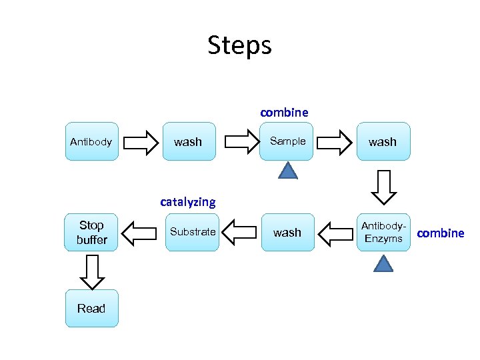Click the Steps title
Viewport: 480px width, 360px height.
pyautogui.click(x=239, y=45)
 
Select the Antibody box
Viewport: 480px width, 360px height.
pyautogui.click(x=91, y=141)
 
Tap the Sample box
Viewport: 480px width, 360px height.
pyautogui.click(x=287, y=141)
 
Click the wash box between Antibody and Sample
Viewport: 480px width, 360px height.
pyautogui.click(x=189, y=141)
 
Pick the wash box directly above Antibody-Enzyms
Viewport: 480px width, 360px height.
pyautogui.click(x=383, y=141)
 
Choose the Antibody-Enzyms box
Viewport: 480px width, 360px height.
pyautogui.click(x=383, y=232)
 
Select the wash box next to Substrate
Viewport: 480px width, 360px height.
pyautogui.click(x=287, y=232)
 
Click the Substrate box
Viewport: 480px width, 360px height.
pyautogui.click(x=193, y=232)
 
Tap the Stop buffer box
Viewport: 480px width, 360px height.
pyautogui.click(x=91, y=232)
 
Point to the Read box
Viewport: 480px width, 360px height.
pyautogui.click(x=91, y=308)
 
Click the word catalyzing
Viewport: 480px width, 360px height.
pyautogui.click(x=188, y=201)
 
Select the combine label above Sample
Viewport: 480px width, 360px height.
pyautogui.click(x=284, y=112)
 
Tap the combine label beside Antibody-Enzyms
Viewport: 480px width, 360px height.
pyautogui.click(x=440, y=233)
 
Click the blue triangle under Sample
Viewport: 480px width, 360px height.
pyautogui.click(x=287, y=172)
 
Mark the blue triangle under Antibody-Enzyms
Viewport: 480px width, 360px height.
pyautogui.click(x=383, y=263)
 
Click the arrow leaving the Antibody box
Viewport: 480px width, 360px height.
pyautogui.click(x=140, y=141)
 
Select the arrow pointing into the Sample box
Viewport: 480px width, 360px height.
pyautogui.click(x=238, y=141)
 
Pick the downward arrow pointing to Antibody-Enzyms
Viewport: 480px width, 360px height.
pyautogui.click(x=383, y=187)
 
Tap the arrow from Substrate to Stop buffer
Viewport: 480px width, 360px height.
pyautogui.click(x=140, y=233)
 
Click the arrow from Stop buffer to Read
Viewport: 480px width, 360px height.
pyautogui.click(x=91, y=269)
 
